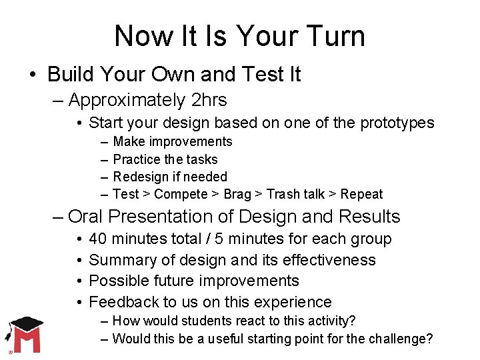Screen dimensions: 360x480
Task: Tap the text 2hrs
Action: coord(208,100)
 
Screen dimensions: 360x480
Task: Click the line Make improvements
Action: coord(173,141)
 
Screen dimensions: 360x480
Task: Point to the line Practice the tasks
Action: coord(165,159)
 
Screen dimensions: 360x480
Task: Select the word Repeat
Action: coord(361,194)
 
